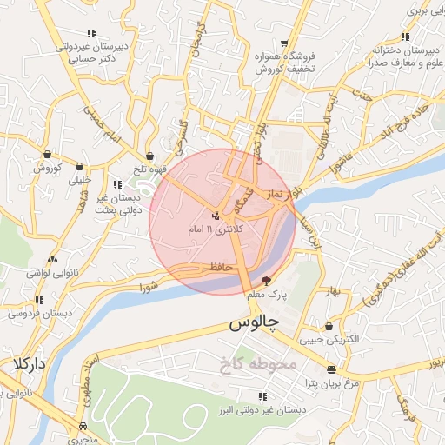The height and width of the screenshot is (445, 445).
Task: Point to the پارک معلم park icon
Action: click(x=266, y=281)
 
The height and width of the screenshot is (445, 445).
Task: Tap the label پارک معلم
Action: click(x=266, y=297)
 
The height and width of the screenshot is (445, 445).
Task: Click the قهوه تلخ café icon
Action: click(x=152, y=155)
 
